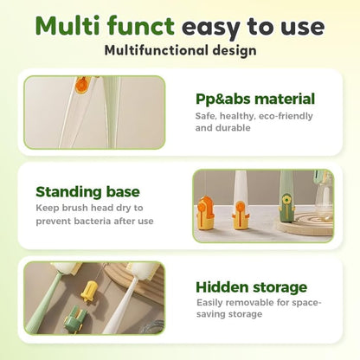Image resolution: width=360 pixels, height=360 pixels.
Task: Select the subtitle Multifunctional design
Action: pyautogui.click(x=180, y=51)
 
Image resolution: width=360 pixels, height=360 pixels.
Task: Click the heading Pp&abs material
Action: pyautogui.click(x=254, y=99)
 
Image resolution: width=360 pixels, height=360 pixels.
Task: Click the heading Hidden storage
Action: pyautogui.click(x=251, y=286)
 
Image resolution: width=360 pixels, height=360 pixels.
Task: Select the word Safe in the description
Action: pyautogui.click(x=206, y=115)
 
